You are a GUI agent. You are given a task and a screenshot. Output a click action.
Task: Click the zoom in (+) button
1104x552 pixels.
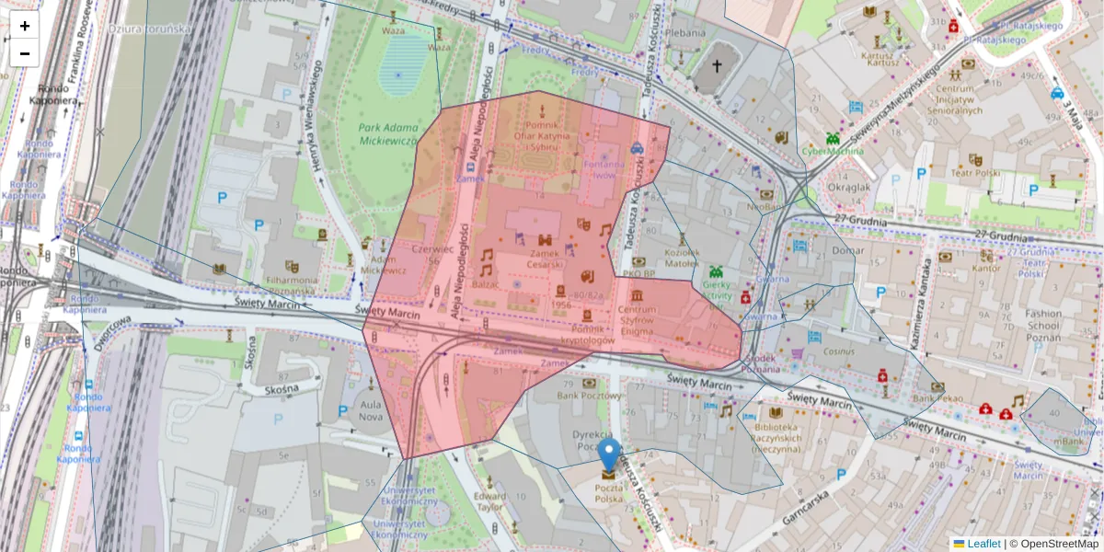(x=25, y=27)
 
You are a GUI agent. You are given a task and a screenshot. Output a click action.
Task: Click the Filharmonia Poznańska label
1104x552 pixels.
(x=292, y=285)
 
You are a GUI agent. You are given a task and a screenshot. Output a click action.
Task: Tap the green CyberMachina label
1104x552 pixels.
(x=832, y=151)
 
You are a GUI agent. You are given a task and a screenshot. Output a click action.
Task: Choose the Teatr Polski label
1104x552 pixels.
(x=975, y=173)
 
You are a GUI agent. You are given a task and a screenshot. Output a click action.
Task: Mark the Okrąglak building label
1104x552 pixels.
(x=848, y=187)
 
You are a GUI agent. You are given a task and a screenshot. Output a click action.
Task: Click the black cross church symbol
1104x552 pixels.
(x=718, y=66)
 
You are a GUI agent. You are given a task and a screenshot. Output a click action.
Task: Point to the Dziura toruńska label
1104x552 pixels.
(x=149, y=29)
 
